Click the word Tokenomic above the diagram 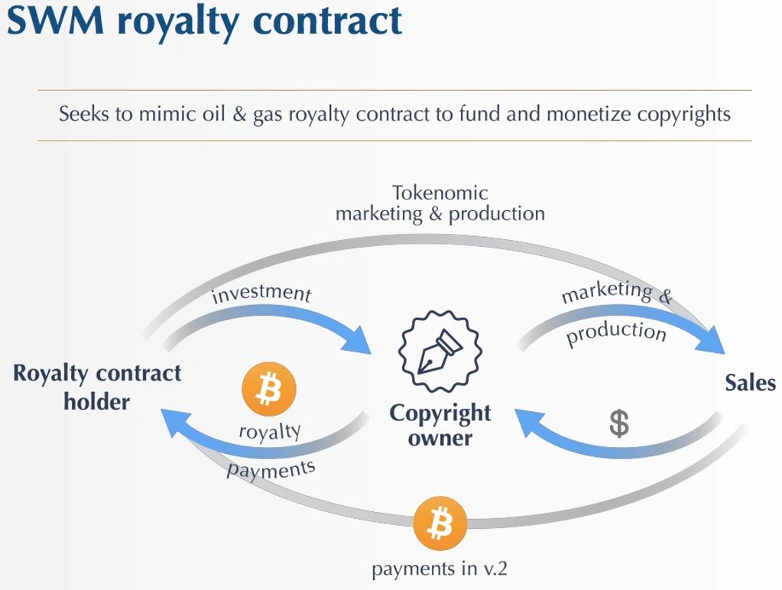(x=440, y=193)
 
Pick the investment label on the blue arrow (x=261, y=293)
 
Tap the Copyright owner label (x=440, y=425)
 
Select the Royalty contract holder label (x=97, y=387)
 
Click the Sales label (x=750, y=382)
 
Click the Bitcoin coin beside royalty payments (x=268, y=390)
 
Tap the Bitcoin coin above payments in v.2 (x=440, y=524)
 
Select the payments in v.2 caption (x=440, y=569)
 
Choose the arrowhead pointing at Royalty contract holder (x=175, y=423)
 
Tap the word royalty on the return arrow (x=270, y=432)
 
